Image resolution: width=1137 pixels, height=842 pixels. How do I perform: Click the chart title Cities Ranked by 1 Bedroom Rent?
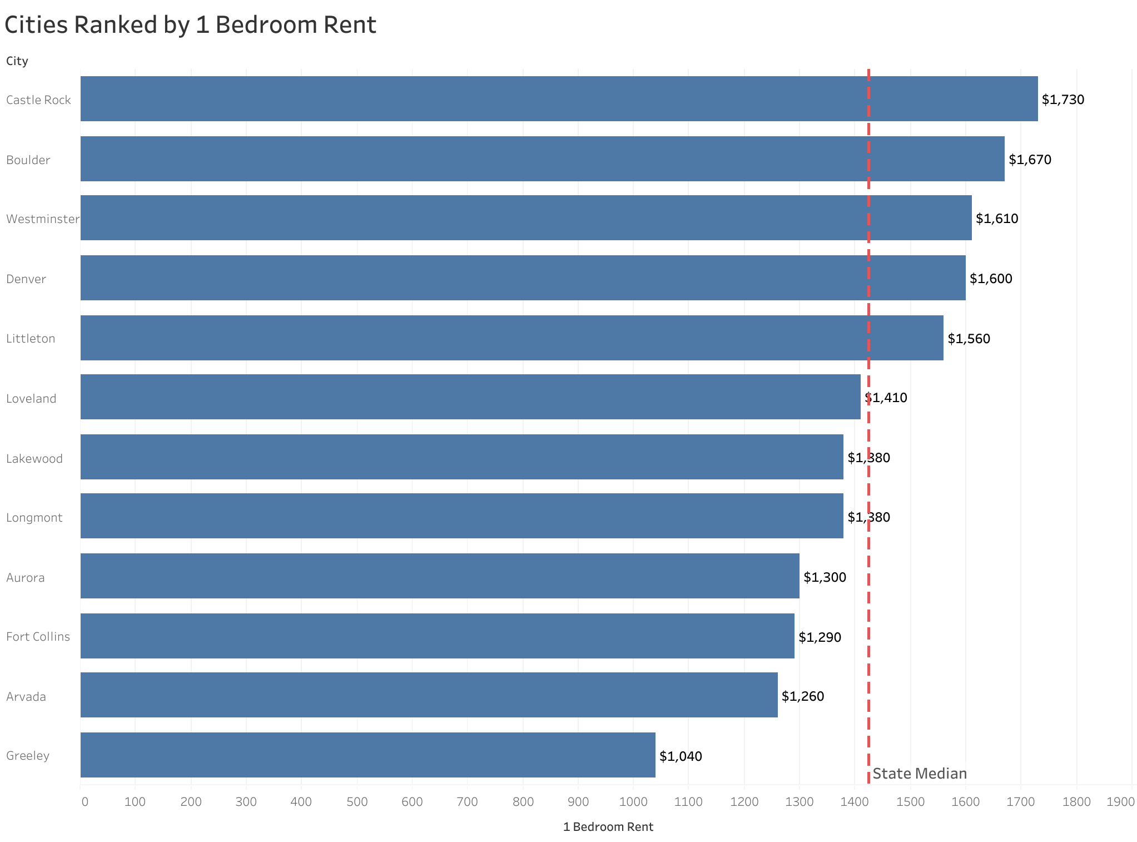(190, 26)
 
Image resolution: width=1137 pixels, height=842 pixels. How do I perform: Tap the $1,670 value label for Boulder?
(1030, 160)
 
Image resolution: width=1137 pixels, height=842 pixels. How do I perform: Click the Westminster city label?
(42, 219)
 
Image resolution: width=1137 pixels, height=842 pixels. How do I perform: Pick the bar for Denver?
(523, 278)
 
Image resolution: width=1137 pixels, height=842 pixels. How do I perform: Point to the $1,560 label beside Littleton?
(969, 339)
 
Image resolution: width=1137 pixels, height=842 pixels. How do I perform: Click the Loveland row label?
(31, 399)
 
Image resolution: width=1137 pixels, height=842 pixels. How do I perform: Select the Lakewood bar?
(461, 457)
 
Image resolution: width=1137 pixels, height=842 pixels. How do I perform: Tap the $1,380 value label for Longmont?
(868, 517)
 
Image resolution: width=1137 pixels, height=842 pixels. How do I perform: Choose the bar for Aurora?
(439, 576)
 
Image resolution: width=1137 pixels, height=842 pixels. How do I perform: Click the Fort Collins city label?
(38, 637)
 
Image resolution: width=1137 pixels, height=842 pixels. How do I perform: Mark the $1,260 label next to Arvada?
(802, 696)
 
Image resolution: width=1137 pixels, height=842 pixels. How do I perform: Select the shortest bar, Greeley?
(367, 755)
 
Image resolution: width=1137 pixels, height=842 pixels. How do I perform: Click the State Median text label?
(920, 774)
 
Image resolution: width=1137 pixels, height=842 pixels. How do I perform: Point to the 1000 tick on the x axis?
(633, 802)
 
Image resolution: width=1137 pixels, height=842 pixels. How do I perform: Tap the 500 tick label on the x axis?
(356, 802)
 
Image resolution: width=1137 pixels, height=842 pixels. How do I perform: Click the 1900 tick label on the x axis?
(1120, 802)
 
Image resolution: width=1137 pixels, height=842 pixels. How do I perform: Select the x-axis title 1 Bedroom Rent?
(608, 827)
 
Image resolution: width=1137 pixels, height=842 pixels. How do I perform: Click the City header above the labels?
(17, 61)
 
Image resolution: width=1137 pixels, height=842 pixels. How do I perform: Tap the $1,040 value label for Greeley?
(681, 756)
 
